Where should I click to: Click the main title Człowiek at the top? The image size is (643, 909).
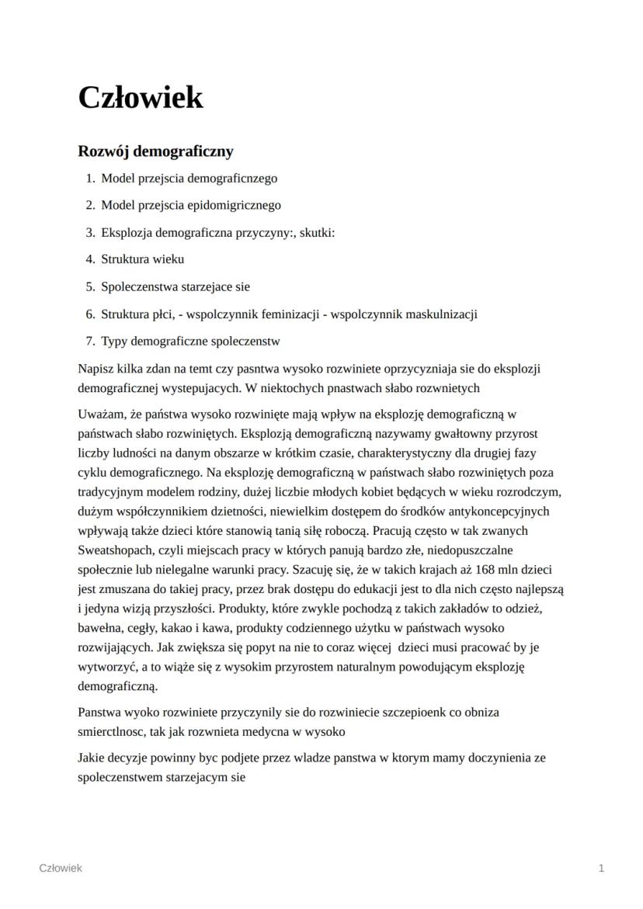(141, 98)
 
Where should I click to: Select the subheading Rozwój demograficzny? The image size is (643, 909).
(155, 151)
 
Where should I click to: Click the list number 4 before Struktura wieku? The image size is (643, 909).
(90, 259)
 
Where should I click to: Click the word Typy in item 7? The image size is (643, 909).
(114, 341)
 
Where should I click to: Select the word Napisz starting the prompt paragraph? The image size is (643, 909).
(96, 368)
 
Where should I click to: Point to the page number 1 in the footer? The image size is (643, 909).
(601, 868)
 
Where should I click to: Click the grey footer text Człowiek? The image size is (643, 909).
(61, 868)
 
